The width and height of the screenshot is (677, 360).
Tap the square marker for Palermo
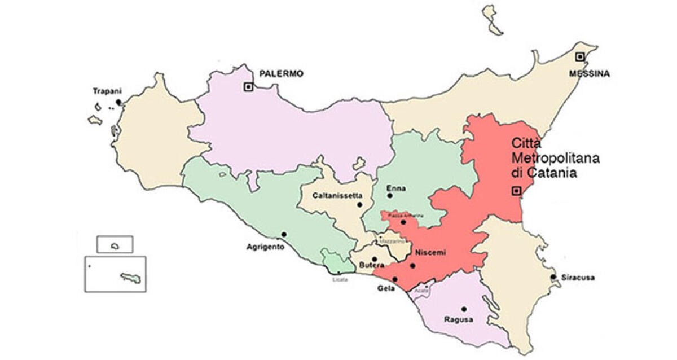click(x=248, y=87)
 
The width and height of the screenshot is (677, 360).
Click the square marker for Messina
click(x=579, y=56)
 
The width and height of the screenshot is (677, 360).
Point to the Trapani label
click(x=107, y=90)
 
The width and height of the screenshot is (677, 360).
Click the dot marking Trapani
click(x=118, y=103)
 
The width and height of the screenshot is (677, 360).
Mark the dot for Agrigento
click(x=284, y=234)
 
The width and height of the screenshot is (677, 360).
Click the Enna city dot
click(x=390, y=196)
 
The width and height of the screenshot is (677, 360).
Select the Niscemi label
click(x=430, y=253)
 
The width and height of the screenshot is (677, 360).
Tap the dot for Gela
click(x=395, y=279)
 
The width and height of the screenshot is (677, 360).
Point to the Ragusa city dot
click(x=464, y=309)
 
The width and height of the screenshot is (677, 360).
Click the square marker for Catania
click(x=515, y=191)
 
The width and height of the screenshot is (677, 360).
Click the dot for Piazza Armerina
click(x=403, y=222)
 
